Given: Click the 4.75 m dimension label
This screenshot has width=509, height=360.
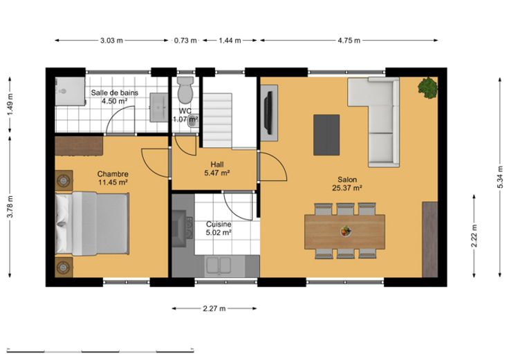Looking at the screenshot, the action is tap(349, 41).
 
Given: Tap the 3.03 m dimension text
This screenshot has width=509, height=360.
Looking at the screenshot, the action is tap(111, 41).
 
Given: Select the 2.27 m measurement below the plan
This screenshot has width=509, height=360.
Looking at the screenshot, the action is tap(214, 308).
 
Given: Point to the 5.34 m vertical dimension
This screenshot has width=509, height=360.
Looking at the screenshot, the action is tap(500, 177).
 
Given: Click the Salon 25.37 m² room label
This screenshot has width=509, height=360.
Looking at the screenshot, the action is tap(347, 184).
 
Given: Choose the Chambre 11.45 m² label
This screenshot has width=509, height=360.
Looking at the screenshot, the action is tap(113, 178).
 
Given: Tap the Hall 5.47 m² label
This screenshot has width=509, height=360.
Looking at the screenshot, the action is tap(217, 169).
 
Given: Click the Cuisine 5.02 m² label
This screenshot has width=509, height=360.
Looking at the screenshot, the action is tap(219, 228).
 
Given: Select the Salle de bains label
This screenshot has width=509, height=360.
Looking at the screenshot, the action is tap(114, 93).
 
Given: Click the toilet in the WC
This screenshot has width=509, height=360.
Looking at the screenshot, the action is tap(185, 90).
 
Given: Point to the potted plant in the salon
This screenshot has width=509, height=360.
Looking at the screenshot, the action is tap(428, 88).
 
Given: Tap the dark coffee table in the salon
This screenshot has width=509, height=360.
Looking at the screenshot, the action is tap(326, 135).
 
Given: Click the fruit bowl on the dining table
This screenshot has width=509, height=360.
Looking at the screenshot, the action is tap(346, 231).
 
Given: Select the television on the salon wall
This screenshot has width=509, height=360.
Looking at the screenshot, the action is tap(268, 113).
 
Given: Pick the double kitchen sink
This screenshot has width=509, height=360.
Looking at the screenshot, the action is tap(219, 265).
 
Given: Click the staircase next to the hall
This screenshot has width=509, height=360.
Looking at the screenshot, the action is tap(217, 120).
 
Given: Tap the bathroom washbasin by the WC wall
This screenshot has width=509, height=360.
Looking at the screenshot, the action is tap(159, 107).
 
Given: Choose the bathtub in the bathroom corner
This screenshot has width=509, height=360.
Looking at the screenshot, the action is tap(70, 91).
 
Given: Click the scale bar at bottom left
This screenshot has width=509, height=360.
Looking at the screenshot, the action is tap(100, 350).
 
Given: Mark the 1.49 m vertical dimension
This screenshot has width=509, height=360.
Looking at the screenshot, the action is tap(10, 105).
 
